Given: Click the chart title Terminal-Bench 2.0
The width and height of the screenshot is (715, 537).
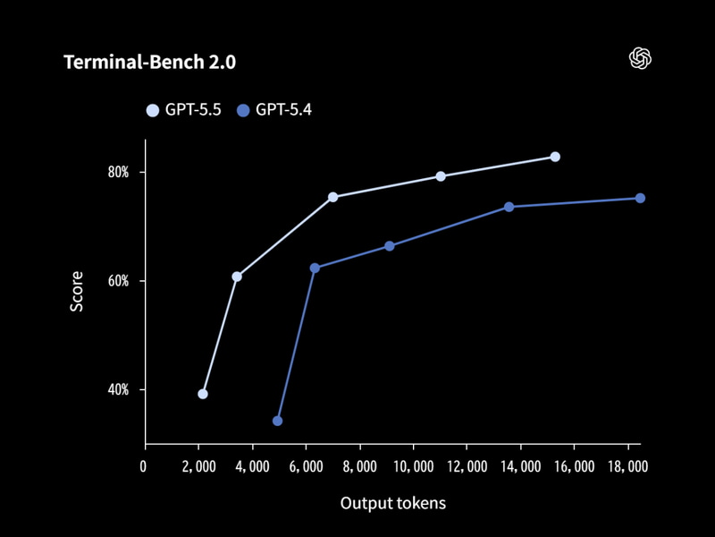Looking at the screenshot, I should pyautogui.click(x=149, y=63).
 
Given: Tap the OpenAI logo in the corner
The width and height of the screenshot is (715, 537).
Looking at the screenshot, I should pyautogui.click(x=640, y=59).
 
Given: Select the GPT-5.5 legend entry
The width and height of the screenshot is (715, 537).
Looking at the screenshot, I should pyautogui.click(x=186, y=110).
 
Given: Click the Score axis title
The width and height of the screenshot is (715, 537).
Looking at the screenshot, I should pyautogui.click(x=77, y=291).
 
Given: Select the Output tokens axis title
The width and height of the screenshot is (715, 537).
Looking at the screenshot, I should pyautogui.click(x=392, y=503).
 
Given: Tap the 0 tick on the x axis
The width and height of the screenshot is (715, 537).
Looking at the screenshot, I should pyautogui.click(x=144, y=465).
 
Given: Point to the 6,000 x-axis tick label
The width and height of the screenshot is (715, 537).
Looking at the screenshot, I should pyautogui.click(x=306, y=465).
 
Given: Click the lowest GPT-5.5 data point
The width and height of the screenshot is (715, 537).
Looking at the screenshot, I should pyautogui.click(x=203, y=394).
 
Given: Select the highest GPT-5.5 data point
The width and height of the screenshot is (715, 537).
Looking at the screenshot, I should pyautogui.click(x=555, y=157).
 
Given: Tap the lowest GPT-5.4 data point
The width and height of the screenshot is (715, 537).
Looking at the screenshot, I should pyautogui.click(x=278, y=421).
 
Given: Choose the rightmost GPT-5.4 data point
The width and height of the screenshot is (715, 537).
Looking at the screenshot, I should pyautogui.click(x=640, y=199).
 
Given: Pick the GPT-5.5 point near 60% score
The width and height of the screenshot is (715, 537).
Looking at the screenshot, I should pyautogui.click(x=237, y=277).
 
